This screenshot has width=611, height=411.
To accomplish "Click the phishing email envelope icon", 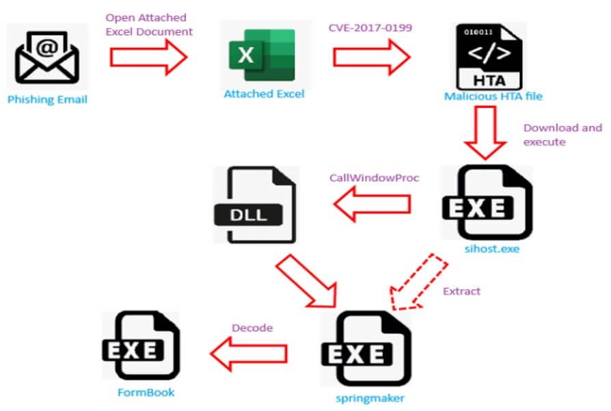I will (x=47, y=58).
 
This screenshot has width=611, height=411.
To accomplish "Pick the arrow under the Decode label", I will (x=247, y=353).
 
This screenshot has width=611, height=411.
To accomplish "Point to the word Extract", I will (x=461, y=291).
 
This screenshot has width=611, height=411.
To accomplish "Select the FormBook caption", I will (x=146, y=393).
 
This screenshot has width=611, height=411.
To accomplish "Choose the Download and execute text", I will (x=562, y=135).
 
